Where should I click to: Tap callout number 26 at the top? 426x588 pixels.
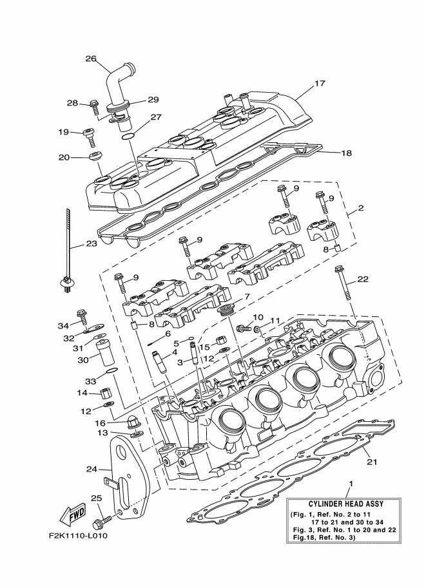tap(91, 59)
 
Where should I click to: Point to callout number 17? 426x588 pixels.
tap(320, 83)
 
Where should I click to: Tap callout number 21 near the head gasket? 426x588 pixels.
tap(372, 462)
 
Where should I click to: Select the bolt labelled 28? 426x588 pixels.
tap(94, 107)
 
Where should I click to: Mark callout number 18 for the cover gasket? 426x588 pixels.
tap(346, 153)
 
